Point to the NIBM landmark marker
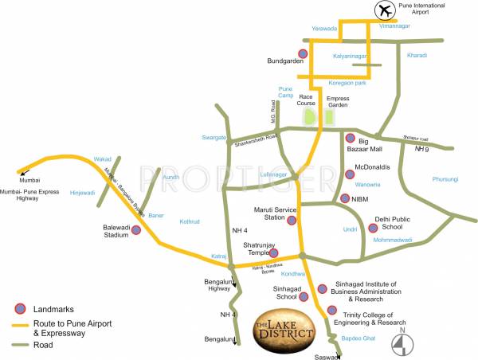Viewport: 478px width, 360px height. point(344,198)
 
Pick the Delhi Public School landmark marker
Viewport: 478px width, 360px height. point(372,228)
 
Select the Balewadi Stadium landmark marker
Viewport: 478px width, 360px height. point(136,230)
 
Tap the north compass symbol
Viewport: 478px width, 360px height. point(403,343)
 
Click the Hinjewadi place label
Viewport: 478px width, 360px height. point(82,192)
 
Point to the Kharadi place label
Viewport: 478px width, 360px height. point(417,56)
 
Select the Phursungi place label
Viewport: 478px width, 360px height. point(446,179)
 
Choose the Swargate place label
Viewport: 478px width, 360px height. point(214,137)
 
